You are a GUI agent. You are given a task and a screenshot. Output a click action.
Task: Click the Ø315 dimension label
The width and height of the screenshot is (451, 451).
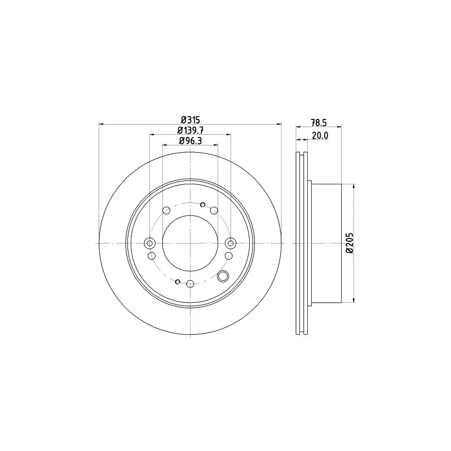coord(190,120)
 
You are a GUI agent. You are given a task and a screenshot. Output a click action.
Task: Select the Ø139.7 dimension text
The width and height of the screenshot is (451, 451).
coord(191,130)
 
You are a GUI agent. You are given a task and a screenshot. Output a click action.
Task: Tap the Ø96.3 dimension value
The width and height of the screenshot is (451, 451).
coord(191,140)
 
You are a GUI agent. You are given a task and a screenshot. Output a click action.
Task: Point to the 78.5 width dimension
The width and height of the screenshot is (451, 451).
coord(319,123)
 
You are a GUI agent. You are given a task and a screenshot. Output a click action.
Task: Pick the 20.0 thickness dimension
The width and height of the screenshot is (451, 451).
coord(320,135)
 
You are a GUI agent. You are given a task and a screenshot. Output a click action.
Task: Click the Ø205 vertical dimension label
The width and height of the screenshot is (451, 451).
coord(350,243)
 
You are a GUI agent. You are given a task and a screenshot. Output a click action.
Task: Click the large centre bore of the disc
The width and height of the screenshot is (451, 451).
coord(190,243)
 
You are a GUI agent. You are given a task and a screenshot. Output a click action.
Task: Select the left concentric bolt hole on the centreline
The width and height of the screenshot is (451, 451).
coord(149,244)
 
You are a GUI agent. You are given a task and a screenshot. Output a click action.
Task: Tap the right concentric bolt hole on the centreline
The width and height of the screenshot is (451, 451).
coord(231,244)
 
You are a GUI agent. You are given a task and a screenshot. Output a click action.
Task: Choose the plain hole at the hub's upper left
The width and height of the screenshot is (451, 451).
coord(166,210)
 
